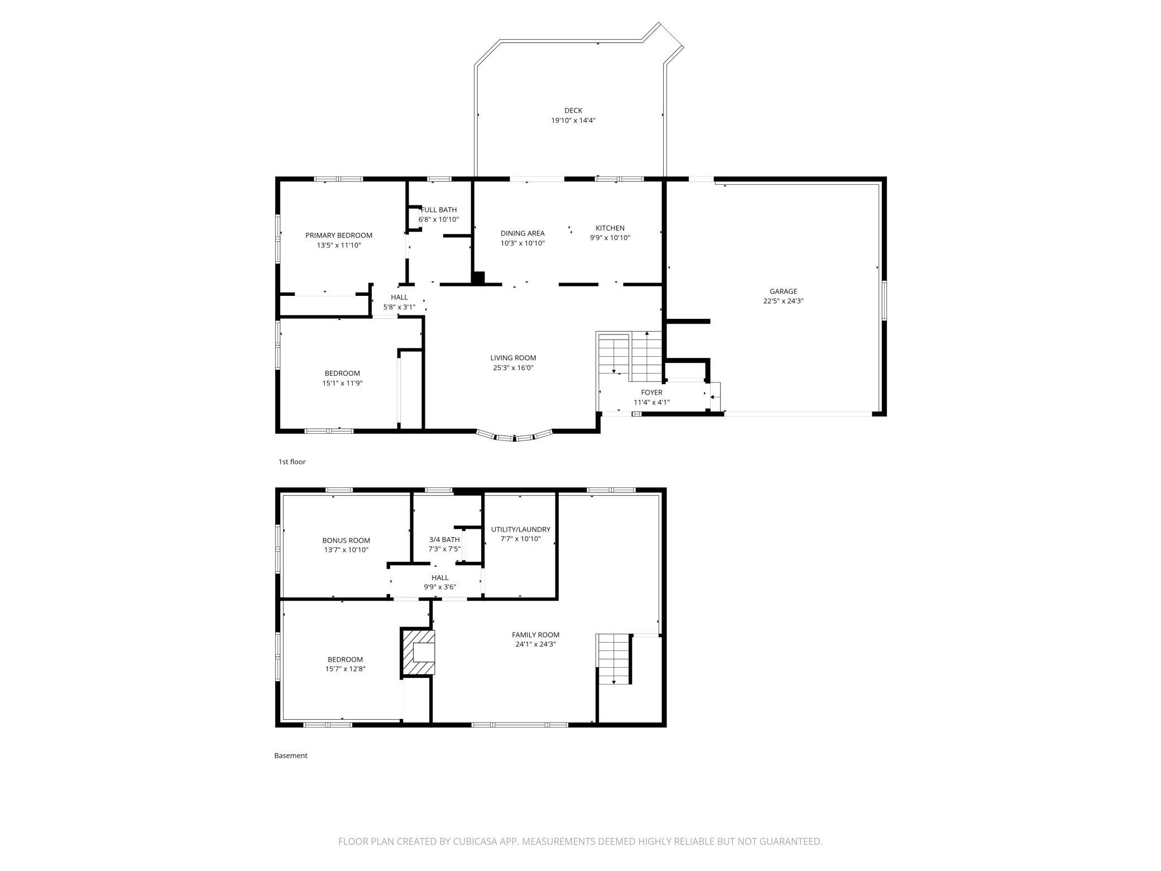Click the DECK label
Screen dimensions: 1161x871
[x=573, y=111]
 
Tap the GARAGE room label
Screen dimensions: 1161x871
[x=783, y=291]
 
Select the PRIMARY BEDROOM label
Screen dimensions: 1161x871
[x=339, y=236]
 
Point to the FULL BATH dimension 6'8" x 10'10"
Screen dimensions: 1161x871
[x=439, y=219]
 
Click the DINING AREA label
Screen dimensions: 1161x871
[x=522, y=233]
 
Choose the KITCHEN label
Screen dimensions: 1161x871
[x=610, y=228]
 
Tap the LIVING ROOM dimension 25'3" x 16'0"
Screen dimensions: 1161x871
[x=514, y=368]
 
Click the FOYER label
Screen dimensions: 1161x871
[x=651, y=393]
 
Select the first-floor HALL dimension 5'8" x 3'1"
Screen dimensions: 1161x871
[x=399, y=307]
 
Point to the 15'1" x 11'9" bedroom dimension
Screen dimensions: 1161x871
[x=342, y=383]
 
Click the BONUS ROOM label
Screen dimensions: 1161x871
[x=346, y=540]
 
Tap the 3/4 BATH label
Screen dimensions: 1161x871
[x=444, y=539]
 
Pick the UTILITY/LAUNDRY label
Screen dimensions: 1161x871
[x=521, y=529]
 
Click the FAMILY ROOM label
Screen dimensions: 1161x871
[x=536, y=635]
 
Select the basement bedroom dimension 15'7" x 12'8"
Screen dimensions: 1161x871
[x=346, y=669]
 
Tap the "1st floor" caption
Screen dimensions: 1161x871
[x=292, y=462]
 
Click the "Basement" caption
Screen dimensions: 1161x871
[x=291, y=755]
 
